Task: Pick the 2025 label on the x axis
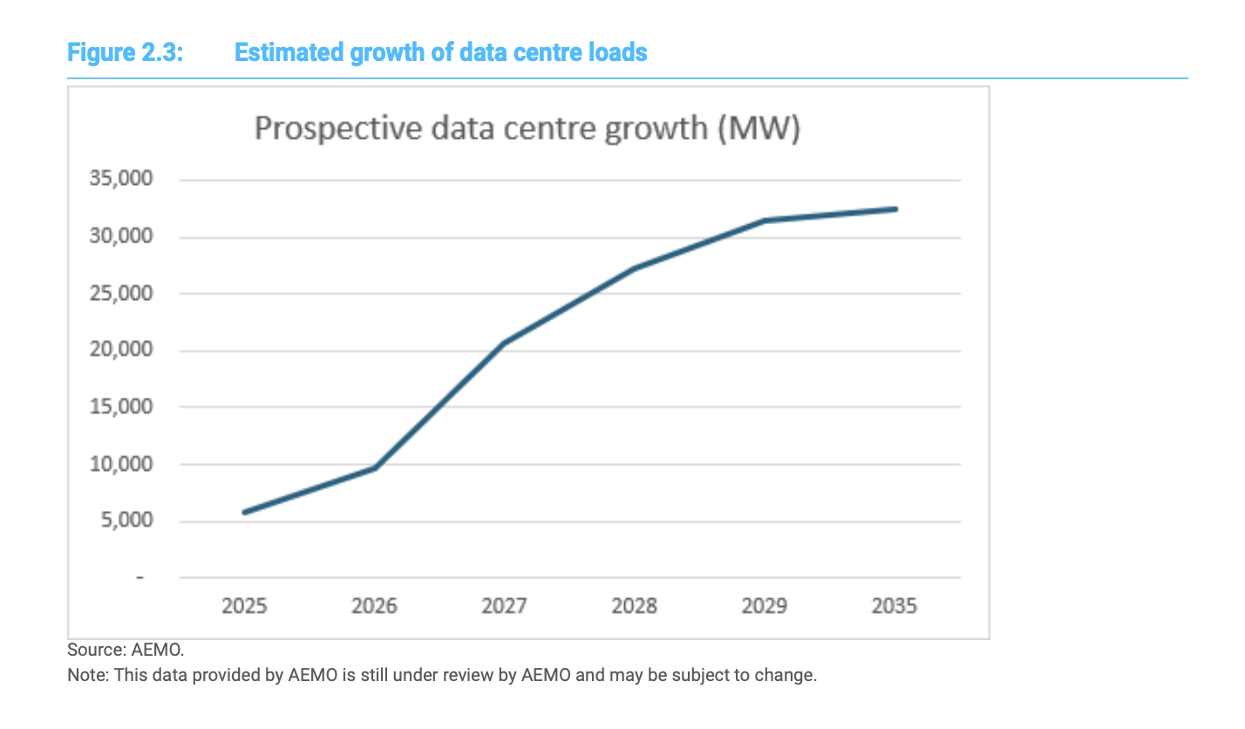[x=244, y=605]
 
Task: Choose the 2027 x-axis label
[x=504, y=605]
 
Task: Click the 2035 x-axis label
[x=895, y=605]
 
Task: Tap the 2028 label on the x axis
[x=634, y=605]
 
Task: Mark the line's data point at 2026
[x=374, y=468]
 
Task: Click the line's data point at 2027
[x=504, y=344]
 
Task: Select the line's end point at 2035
[x=895, y=209]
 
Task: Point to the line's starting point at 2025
[x=245, y=512]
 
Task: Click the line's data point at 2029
[x=765, y=221]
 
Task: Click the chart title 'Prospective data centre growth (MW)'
[x=527, y=129]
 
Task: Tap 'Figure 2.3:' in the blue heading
[x=125, y=52]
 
